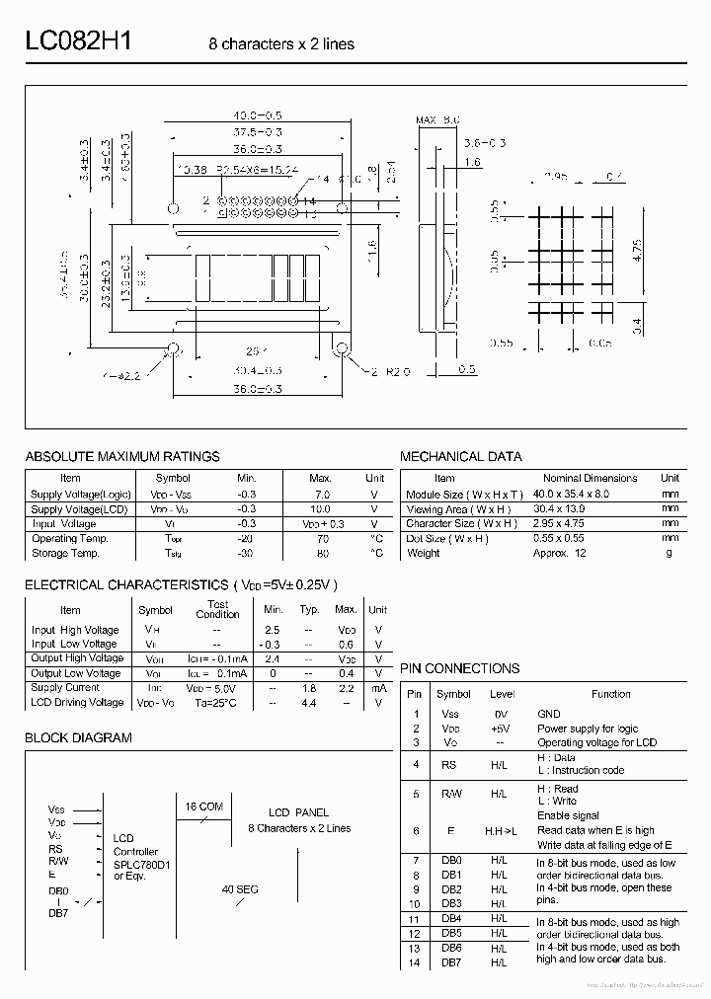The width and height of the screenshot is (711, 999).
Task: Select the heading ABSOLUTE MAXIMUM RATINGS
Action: point(122,456)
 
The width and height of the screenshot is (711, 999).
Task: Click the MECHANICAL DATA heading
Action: point(461,456)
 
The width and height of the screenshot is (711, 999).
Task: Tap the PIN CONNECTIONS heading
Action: point(459,668)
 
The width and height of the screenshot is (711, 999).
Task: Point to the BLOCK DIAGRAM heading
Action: point(78,737)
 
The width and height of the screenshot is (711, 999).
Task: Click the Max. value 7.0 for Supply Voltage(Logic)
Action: point(320,495)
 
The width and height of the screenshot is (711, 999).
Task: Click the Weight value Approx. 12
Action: point(560,553)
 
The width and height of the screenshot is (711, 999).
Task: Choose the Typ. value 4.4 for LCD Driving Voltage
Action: point(309,703)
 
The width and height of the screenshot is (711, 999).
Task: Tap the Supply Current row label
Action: point(65,687)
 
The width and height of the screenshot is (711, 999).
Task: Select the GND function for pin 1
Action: point(549,714)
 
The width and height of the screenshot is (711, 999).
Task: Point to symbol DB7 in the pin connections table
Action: point(452,962)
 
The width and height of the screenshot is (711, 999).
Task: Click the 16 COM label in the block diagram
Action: point(204,807)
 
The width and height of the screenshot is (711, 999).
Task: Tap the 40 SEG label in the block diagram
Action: point(240,889)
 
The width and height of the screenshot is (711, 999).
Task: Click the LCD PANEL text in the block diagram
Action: point(298,813)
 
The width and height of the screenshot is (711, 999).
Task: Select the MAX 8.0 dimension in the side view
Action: point(437,119)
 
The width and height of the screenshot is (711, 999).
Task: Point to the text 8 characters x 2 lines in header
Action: point(281,44)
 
